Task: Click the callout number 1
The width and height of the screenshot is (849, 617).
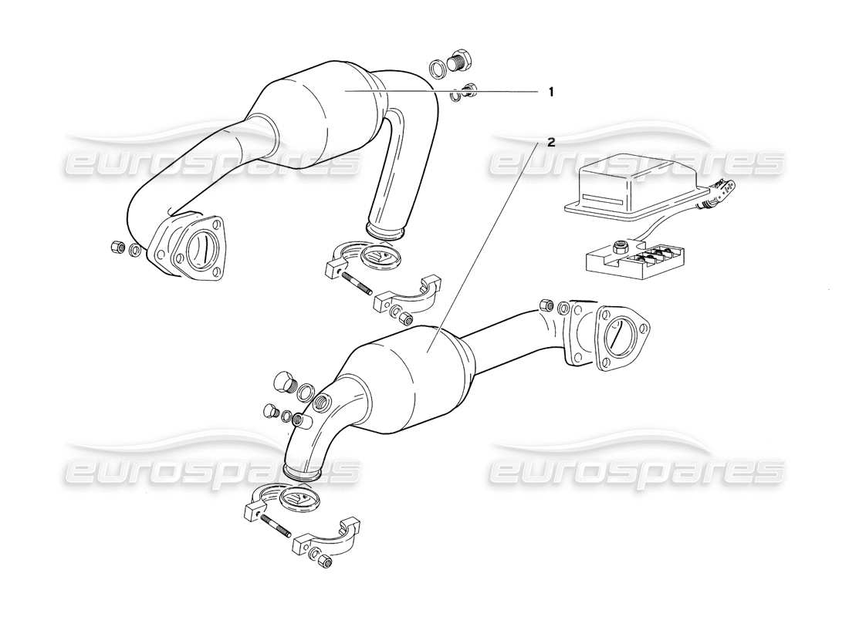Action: click(x=551, y=92)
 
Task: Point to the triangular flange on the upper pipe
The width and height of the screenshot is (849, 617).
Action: click(x=187, y=249)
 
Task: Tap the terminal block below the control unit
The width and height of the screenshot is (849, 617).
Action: click(x=635, y=260)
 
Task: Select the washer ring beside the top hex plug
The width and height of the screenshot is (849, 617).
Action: click(x=438, y=68)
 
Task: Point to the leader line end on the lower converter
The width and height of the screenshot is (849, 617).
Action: click(x=428, y=351)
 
